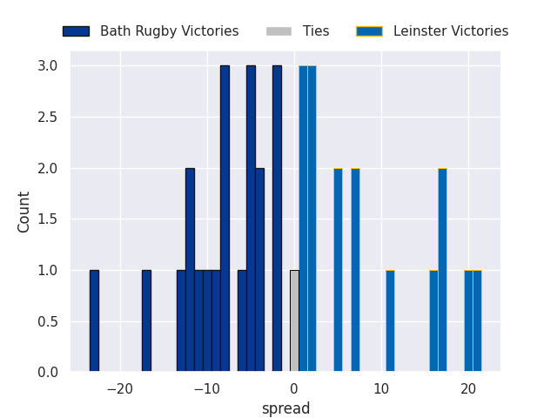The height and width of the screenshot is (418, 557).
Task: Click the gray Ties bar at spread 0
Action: tap(294, 321)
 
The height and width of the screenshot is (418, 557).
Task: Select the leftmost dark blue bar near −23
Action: tap(94, 321)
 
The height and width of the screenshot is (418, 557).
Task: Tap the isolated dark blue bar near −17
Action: tap(146, 321)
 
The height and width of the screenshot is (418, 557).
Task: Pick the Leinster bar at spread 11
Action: tap(390, 321)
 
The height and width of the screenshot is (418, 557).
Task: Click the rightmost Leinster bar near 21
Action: tap(477, 321)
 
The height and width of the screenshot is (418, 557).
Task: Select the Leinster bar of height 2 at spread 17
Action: tap(442, 270)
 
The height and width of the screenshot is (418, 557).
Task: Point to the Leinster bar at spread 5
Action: tap(338, 270)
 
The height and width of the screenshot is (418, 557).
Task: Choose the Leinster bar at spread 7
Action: tap(355, 270)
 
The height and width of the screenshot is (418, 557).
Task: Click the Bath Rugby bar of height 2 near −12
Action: tap(190, 270)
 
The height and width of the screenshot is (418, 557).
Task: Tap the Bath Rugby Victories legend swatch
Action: tap(76, 31)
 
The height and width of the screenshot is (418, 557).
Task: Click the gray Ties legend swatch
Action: tap(278, 31)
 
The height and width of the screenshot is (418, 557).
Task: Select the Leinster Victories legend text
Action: tap(451, 31)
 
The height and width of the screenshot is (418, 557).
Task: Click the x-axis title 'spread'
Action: tap(285, 408)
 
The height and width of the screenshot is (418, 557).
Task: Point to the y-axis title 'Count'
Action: tap(24, 212)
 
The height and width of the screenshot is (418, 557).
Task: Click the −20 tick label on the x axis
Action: tap(120, 388)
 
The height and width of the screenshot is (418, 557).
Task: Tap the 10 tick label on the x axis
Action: tap(381, 388)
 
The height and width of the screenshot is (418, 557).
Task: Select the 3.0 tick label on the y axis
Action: tap(48, 66)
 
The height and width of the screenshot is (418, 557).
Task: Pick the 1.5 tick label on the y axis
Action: tap(48, 219)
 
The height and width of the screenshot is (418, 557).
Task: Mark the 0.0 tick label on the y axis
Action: tap(48, 373)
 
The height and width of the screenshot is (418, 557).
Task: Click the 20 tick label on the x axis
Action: tap(468, 388)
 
